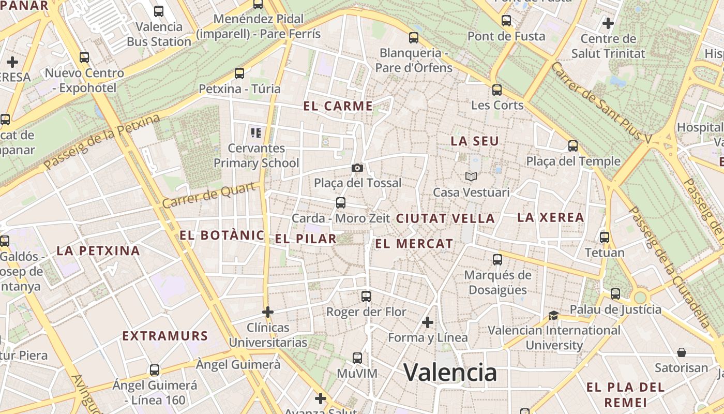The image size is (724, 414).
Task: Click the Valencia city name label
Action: click(x=450, y=372)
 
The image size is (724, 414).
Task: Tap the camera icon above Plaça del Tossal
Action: click(x=357, y=168)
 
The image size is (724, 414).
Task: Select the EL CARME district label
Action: click(x=338, y=106)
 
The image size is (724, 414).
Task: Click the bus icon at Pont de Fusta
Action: click(x=506, y=21)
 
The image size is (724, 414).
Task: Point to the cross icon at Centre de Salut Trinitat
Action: click(x=608, y=23)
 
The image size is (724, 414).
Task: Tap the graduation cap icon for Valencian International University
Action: click(x=553, y=315)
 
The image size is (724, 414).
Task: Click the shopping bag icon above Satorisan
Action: click(x=682, y=352)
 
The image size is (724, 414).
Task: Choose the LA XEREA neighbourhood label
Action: click(x=551, y=217)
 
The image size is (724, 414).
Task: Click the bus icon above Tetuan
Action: click(x=604, y=238)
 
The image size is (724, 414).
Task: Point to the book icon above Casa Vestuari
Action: click(x=471, y=177)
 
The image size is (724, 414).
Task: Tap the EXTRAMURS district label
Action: click(x=165, y=336)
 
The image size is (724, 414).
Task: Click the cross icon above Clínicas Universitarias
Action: click(x=267, y=312)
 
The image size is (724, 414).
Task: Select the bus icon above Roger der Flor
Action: click(x=366, y=297)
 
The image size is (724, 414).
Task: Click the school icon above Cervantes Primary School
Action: click(x=256, y=133)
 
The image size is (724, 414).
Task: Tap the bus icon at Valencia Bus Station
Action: click(x=159, y=11)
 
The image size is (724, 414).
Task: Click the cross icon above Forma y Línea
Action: click(x=427, y=322)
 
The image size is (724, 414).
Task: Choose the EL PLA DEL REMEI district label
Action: click(x=625, y=395)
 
